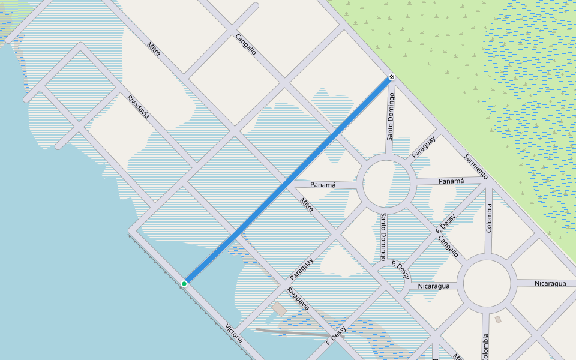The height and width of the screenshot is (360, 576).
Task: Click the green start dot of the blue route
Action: [184, 283]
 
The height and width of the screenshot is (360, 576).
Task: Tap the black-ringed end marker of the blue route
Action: [391, 77]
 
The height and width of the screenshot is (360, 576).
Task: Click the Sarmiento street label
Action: [476, 167]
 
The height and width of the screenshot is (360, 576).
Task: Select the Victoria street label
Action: [234, 334]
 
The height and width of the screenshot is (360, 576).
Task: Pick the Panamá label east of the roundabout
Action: [451, 181]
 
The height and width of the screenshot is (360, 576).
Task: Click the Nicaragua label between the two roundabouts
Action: [434, 286]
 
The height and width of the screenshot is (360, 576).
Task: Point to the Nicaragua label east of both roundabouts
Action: [550, 283]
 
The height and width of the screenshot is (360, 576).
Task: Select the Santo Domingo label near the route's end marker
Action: [391, 116]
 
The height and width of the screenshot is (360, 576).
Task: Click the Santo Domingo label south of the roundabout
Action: [383, 236]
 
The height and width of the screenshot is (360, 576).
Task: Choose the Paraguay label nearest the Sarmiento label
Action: [424, 148]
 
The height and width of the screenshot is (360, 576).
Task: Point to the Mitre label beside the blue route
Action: [307, 205]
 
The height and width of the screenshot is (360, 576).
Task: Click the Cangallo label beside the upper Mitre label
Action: [246, 44]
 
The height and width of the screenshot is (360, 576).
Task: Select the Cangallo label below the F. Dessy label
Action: [448, 245]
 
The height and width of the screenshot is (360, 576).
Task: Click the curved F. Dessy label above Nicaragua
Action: [401, 269]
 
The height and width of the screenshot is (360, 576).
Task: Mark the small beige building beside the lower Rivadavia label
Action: [279, 310]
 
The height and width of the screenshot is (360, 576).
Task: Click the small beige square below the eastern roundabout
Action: [498, 319]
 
